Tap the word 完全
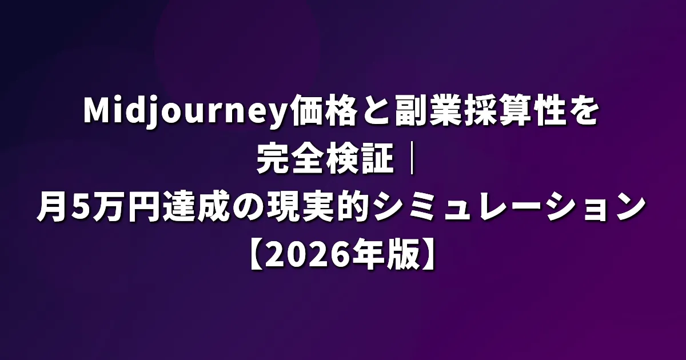pos(290,159)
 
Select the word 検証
pos(360,159)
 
